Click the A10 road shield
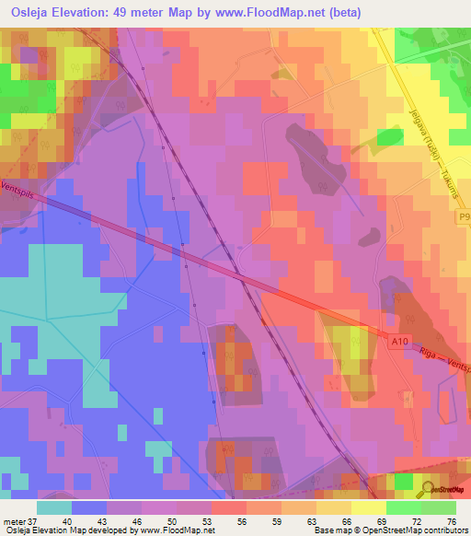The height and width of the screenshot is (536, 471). pyautogui.click(x=398, y=343)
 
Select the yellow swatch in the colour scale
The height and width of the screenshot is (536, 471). pyautogui.click(x=334, y=507)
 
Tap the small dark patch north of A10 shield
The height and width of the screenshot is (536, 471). pyautogui.click(x=367, y=236)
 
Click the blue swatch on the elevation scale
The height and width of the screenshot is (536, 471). pyautogui.click(x=89, y=507)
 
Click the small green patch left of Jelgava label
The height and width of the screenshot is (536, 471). pyautogui.click(x=390, y=137)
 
